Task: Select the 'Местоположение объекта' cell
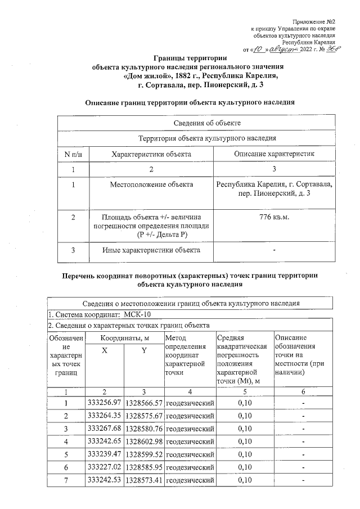click(151, 184)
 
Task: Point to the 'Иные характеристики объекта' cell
click(151, 250)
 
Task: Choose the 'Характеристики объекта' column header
click(151, 154)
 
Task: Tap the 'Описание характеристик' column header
click(274, 154)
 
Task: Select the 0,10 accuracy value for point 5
click(245, 454)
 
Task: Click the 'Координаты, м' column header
click(124, 337)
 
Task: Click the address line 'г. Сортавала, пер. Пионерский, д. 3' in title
click(200, 84)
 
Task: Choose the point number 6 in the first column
click(66, 467)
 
